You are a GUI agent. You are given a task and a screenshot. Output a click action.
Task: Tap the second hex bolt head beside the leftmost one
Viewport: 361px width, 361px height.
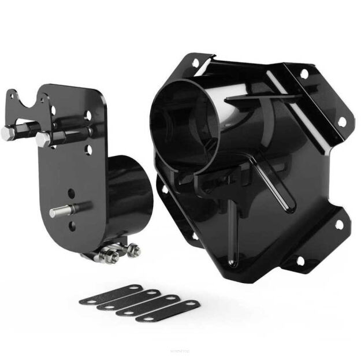[x=42, y=139]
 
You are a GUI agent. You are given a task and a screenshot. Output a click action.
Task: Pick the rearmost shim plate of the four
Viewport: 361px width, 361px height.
[x=114, y=289]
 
